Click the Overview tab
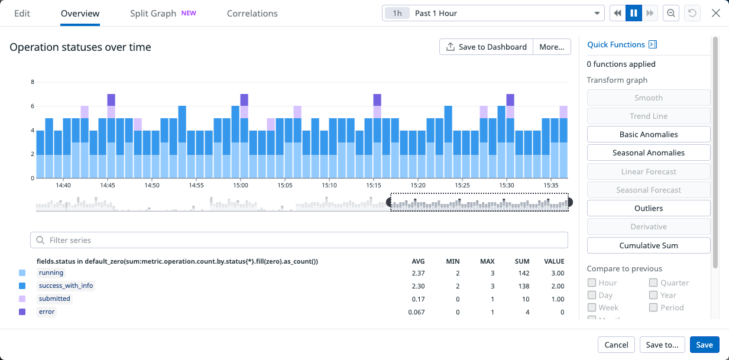[80, 13]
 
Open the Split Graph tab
[153, 13]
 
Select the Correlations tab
[252, 13]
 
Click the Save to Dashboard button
[486, 47]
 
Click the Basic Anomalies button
[648, 134]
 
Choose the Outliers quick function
[648, 208]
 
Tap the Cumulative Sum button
[648, 245]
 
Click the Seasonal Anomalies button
[648, 153]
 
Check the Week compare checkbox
[592, 307]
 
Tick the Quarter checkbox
[654, 283]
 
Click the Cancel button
[616, 345]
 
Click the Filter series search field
[299, 240]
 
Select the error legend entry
[47, 312]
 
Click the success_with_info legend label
[66, 286]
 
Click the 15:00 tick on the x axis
[241, 185]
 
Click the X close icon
[715, 13]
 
